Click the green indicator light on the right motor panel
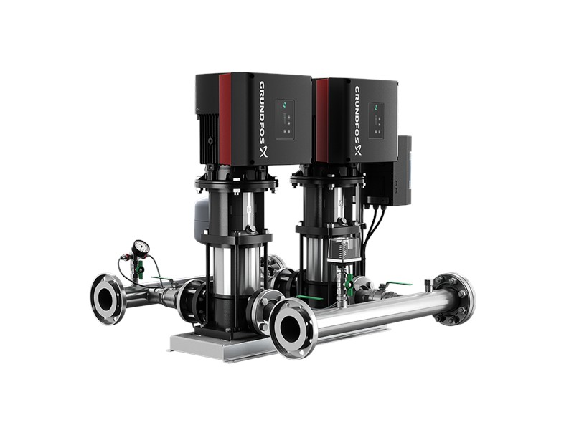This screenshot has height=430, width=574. pyautogui.click(x=376, y=108)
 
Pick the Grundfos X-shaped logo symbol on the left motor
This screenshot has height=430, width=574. pyautogui.click(x=264, y=152)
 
